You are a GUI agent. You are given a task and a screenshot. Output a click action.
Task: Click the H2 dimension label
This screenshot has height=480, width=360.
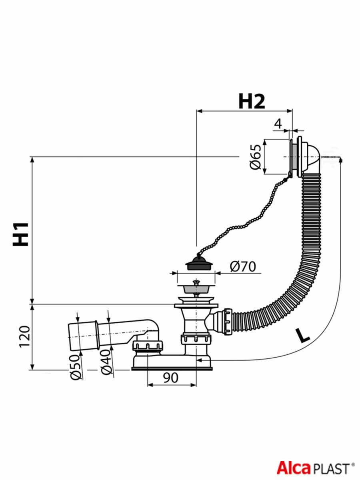click(252, 102)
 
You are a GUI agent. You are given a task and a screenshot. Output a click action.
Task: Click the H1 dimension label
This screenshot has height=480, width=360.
click(20, 234)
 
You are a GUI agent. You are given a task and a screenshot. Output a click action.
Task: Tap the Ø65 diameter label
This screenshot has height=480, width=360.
click(256, 156)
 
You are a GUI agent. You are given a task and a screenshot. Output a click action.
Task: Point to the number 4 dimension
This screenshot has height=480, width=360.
click(278, 124)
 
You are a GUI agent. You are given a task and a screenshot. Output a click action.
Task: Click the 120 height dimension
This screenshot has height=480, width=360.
click(24, 336)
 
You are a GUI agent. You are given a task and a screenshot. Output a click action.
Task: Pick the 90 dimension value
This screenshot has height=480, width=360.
click(171, 378)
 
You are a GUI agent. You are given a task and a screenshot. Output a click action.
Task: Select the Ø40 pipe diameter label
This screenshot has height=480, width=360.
click(107, 362)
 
